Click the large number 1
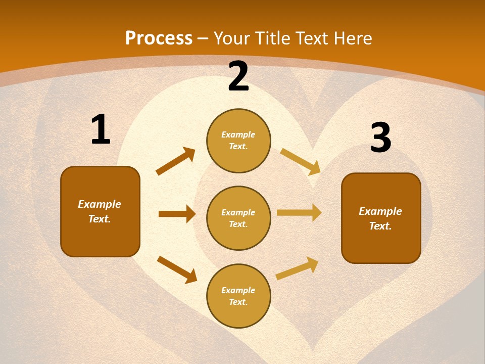click(x=101, y=130)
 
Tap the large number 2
click(x=238, y=77)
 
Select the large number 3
click(x=380, y=138)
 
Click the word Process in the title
click(x=159, y=38)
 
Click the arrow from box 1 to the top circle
click(x=176, y=161)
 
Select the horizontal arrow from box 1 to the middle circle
click(x=177, y=214)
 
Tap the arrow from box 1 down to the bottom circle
click(x=177, y=269)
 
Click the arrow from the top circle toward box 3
click(x=300, y=161)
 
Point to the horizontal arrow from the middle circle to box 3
click(x=299, y=213)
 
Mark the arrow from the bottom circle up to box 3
click(x=297, y=268)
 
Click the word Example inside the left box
click(x=100, y=204)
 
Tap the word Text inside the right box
click(x=380, y=226)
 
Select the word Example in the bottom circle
click(x=238, y=290)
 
